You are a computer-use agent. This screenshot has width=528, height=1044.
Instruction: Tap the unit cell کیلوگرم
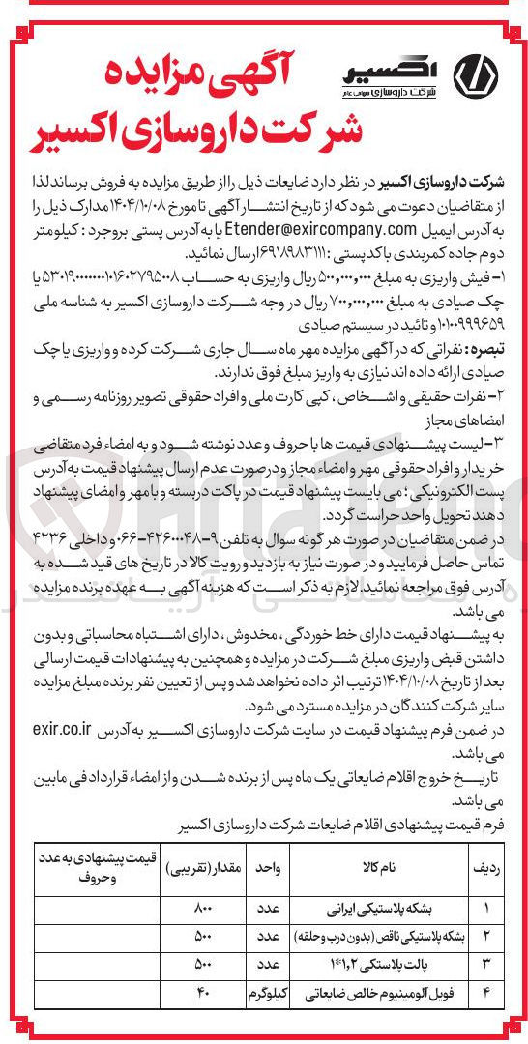click(267, 992)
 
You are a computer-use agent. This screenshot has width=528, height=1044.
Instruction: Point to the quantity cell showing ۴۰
click(203, 992)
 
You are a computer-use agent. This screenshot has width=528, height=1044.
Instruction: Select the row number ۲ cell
click(486, 936)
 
